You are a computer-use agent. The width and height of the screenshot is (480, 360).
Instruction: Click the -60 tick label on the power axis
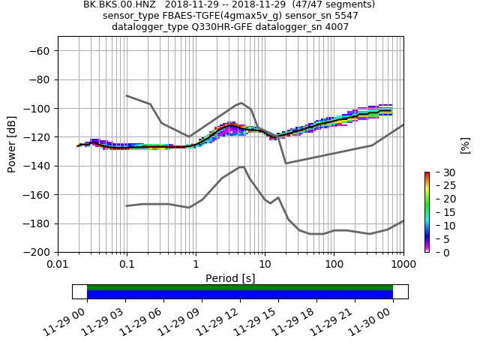coord(40,50)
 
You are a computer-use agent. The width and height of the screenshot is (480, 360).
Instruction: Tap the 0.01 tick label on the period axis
coord(58,265)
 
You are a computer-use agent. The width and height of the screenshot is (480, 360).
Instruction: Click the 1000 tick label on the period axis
coord(403,265)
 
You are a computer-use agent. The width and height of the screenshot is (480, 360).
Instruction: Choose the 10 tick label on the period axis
coord(265,265)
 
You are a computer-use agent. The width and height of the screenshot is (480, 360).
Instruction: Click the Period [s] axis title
coord(230,278)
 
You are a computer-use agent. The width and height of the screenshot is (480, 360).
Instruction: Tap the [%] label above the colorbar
coord(465,145)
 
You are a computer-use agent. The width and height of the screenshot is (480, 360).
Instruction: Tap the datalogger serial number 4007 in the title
coord(335,27)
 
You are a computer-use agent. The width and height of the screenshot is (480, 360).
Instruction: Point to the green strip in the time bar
coord(240,287)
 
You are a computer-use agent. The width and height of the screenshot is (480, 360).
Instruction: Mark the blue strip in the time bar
coord(240,295)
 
